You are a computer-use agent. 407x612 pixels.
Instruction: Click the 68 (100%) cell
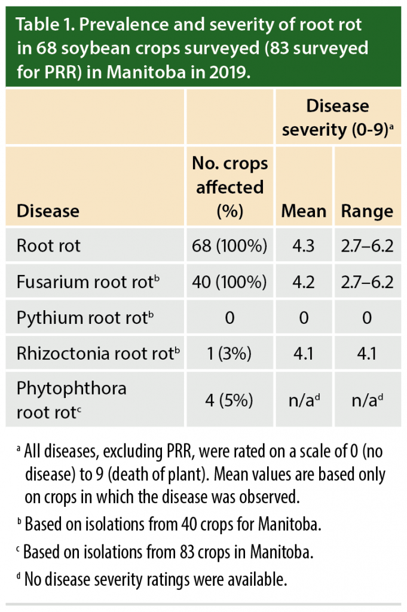click(x=229, y=246)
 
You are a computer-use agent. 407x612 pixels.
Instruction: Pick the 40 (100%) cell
click(x=229, y=281)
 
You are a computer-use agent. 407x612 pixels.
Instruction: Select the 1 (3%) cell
click(x=229, y=353)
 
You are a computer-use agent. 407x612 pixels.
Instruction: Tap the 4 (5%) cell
click(x=229, y=398)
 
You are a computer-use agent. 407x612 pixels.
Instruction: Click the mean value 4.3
click(x=304, y=246)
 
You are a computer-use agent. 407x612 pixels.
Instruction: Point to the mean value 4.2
click(x=304, y=281)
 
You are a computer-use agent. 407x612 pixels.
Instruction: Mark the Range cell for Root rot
click(x=367, y=246)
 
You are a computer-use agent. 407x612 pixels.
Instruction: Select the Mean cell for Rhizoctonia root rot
click(x=304, y=353)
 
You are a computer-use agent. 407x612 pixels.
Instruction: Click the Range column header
click(x=367, y=211)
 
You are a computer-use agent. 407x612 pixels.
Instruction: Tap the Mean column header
click(x=304, y=211)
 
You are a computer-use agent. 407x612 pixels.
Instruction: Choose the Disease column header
click(x=48, y=211)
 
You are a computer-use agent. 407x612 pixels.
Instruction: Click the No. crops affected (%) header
click(x=229, y=186)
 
